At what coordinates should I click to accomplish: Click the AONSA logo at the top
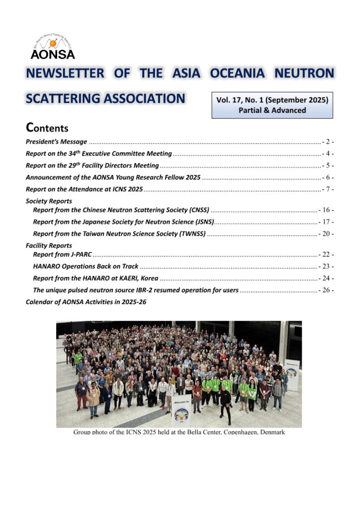tap(52, 47)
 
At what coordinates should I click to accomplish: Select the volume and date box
tap(272, 104)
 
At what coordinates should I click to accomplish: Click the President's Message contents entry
tap(56, 142)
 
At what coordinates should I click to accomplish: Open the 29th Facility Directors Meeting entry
tap(92, 166)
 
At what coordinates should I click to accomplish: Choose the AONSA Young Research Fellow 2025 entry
tap(113, 177)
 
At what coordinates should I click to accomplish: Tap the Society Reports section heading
tap(49, 201)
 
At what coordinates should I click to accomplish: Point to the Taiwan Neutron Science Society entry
tap(119, 234)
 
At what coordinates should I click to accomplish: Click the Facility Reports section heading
tap(49, 246)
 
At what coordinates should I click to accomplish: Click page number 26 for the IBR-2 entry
tap(326, 290)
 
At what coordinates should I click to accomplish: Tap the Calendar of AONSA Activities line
tap(86, 302)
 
